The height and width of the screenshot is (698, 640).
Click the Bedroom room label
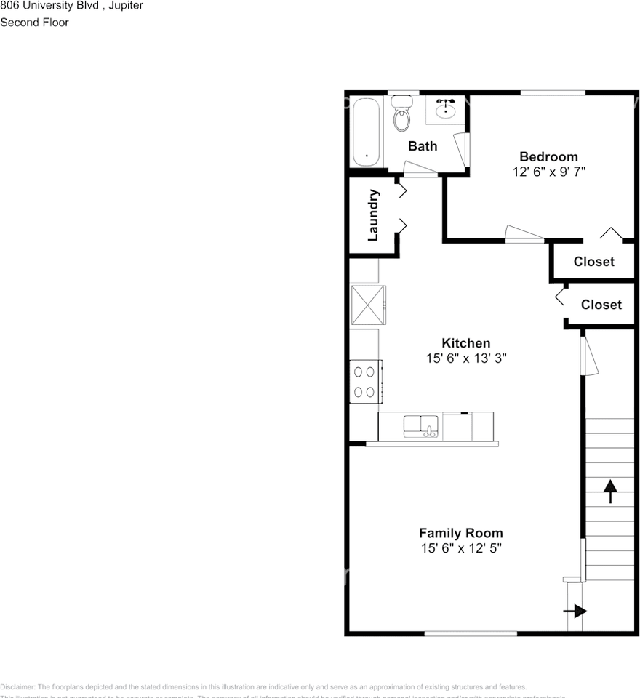(548, 156)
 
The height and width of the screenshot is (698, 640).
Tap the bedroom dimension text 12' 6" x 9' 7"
(548, 172)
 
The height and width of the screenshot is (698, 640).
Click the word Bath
(423, 146)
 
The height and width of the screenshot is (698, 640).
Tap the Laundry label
(373, 215)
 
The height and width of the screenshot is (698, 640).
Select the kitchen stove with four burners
(364, 382)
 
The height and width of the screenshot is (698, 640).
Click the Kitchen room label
(466, 343)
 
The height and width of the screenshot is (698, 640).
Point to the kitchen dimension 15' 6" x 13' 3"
(466, 358)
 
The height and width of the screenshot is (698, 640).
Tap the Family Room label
(461, 533)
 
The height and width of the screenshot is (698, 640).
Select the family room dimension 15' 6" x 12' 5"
(461, 548)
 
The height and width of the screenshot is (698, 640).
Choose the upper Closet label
(593, 262)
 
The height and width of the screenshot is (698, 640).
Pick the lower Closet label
(601, 305)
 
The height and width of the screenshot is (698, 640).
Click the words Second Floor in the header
(34, 23)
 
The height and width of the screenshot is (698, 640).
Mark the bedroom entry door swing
(524, 233)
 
